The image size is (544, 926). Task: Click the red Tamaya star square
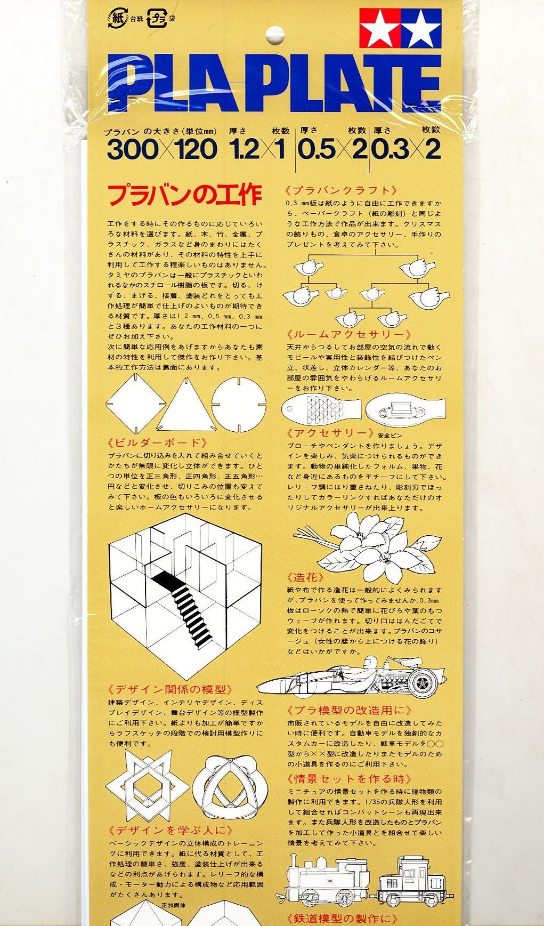tap(380, 28)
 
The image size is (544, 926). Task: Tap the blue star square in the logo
tap(421, 28)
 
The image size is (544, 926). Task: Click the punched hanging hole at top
tap(275, 36)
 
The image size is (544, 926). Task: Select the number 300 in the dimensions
tap(133, 150)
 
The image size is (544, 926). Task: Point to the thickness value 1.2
tap(245, 150)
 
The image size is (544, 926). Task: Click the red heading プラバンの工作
tap(185, 195)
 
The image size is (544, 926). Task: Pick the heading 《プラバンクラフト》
tap(342, 190)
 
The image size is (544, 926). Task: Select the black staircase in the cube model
tap(184, 611)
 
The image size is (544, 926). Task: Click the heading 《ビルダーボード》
tap(157, 443)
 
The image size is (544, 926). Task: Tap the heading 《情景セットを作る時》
tap(349, 779)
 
